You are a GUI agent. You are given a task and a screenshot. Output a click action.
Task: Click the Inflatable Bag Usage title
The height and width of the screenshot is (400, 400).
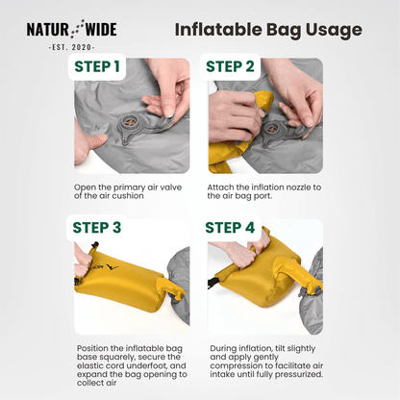pos(268,30)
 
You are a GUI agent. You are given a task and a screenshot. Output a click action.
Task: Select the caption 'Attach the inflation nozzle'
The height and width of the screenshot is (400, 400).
pos(258,190)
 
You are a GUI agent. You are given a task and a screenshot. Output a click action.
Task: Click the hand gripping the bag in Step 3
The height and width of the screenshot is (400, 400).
pos(83,258)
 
